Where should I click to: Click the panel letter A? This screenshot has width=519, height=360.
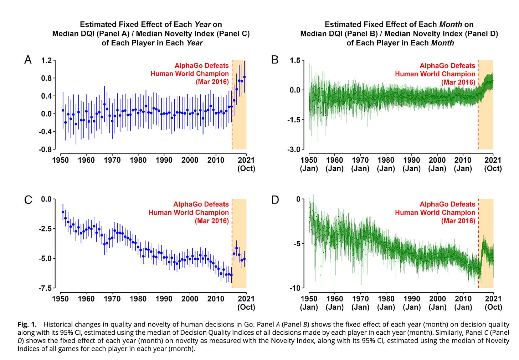pyautogui.click(x=28, y=60)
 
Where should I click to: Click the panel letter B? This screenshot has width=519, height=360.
pyautogui.click(x=275, y=60)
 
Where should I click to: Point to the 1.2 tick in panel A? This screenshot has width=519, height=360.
pyautogui.click(x=46, y=60)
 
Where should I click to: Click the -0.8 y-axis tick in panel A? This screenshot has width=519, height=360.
pyautogui.click(x=45, y=149)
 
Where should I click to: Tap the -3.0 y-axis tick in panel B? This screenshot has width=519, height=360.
pyautogui.click(x=294, y=149)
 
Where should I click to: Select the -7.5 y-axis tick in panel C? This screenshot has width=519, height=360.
pyautogui.click(x=45, y=288)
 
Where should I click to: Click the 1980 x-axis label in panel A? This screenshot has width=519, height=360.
pyautogui.click(x=138, y=160)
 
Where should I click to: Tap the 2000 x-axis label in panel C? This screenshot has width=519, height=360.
pyautogui.click(x=190, y=299)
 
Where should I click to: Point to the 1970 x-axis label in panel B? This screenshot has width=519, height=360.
pyautogui.click(x=360, y=160)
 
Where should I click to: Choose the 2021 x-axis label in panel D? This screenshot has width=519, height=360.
pyautogui.click(x=493, y=299)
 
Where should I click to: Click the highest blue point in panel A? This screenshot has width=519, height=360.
pyautogui.click(x=244, y=77)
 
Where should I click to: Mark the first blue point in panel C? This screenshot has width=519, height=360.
pyautogui.click(x=63, y=212)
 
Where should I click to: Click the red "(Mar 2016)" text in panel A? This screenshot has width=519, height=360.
pyautogui.click(x=212, y=82)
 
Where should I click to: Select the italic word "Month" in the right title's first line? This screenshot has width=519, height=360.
pyautogui.click(x=450, y=24)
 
